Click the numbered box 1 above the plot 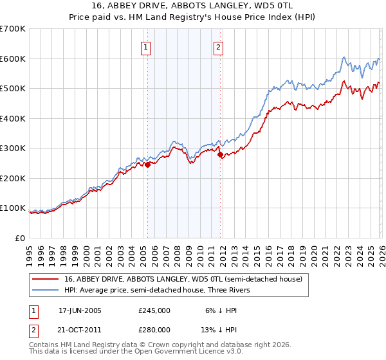point(147,47)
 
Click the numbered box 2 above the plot point(219,47)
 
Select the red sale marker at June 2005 point(147,165)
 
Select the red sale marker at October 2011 point(221,154)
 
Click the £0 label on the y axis point(20,239)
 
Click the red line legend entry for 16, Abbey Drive point(187,278)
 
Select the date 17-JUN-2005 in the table point(80,310)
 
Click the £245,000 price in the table point(154,310)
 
